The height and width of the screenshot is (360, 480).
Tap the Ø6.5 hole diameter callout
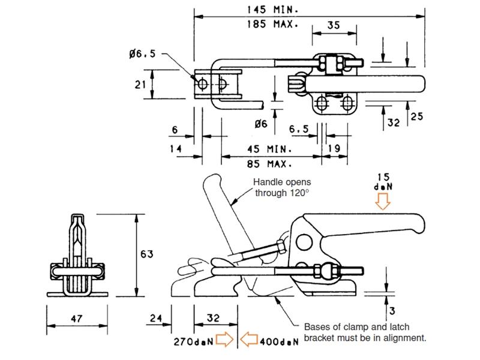tap(142, 54)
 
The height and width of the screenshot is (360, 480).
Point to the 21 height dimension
tap(140, 85)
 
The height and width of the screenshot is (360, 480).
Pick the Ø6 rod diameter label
tap(260, 124)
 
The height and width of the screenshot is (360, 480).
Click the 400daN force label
tap(281, 341)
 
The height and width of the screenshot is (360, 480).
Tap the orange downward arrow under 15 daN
tap(382, 203)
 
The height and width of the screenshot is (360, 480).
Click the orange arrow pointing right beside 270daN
tap(223, 341)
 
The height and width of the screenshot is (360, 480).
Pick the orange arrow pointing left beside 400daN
tap(250, 341)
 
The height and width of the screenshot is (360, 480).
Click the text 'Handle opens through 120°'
tap(282, 187)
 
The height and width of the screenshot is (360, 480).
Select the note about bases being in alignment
tap(365, 332)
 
